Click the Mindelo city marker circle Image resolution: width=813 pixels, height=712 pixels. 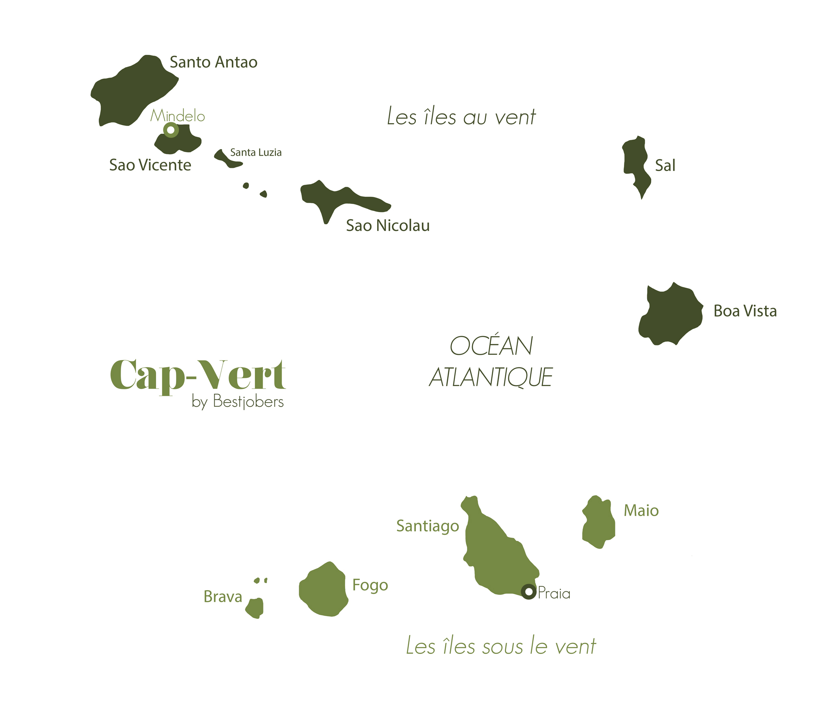pyautogui.click(x=171, y=130)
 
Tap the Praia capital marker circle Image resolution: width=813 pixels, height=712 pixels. pyautogui.click(x=528, y=592)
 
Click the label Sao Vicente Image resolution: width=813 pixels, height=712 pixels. pyautogui.click(x=150, y=165)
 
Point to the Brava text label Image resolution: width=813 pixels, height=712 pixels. pyautogui.click(x=223, y=597)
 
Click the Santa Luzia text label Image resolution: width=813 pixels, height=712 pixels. pyautogui.click(x=256, y=153)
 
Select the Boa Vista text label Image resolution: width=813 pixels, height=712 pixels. pyautogui.click(x=745, y=311)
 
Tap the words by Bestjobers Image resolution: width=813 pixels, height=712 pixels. pyautogui.click(x=238, y=402)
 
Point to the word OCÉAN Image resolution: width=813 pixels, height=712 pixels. pyautogui.click(x=491, y=346)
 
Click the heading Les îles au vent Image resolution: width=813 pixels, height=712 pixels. pyautogui.click(x=461, y=117)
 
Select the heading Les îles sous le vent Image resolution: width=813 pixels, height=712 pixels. pyautogui.click(x=501, y=646)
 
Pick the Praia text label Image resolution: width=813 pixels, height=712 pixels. pyautogui.click(x=554, y=594)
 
